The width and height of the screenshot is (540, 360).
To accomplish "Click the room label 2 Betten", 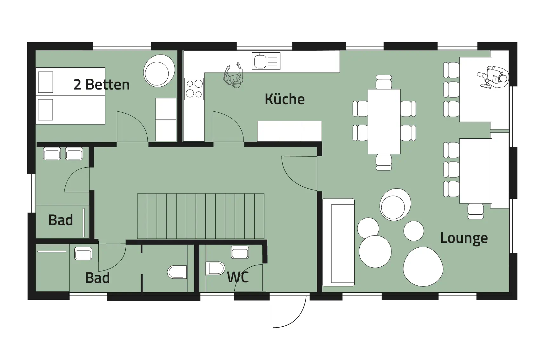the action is coord(102,85).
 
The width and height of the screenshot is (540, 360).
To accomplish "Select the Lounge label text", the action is coord(464,238).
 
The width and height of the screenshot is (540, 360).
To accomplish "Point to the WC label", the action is coord(238,277).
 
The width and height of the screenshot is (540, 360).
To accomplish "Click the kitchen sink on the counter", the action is coord(266,61).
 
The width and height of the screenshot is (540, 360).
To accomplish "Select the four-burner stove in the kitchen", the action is coord(194,89).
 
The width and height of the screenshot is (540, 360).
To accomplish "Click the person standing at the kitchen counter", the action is coord(233,75).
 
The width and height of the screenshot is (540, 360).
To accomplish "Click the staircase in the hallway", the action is coord(201,216).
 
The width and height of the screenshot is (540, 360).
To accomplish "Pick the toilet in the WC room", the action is coord(215,268).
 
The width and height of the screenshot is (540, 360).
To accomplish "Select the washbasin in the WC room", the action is coord(240,252).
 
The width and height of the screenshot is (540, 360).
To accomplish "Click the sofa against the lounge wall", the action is coord(338,242).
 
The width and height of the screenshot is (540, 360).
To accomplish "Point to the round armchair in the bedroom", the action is coord(159,71).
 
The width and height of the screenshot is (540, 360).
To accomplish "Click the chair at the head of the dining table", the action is coord(384,82).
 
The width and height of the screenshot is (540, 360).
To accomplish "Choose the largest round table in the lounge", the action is coord(423,267).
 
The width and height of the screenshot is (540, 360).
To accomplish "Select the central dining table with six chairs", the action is coord(384,122).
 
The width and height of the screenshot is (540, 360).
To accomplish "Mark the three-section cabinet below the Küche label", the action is coord(289,131).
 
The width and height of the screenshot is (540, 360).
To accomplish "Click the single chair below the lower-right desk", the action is coord(475,211).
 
